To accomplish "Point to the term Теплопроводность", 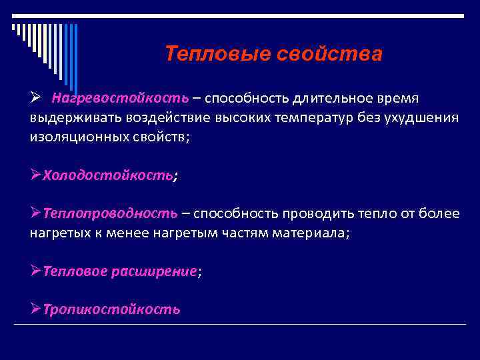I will pos(111,214).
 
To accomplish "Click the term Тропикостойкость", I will pos(111,309).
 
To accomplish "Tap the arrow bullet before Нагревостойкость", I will pos(36,99).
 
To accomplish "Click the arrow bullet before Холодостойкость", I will pos(36,175).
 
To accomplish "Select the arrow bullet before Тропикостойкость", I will pos(36,309).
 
